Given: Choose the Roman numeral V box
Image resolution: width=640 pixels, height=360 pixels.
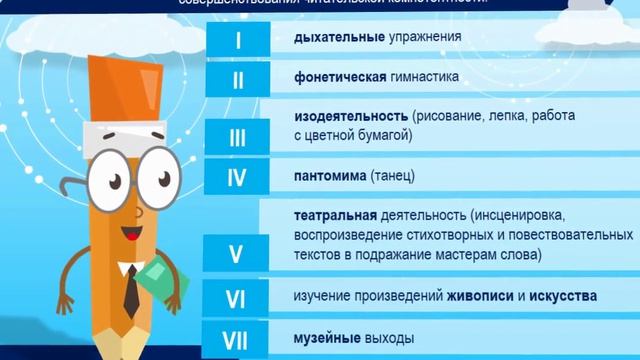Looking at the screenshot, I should (x=235, y=254).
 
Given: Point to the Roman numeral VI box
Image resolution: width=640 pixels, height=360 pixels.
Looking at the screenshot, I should (x=237, y=298).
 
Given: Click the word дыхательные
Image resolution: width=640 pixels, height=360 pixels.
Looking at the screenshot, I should (x=334, y=38).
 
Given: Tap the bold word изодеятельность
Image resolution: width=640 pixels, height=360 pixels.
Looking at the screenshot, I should (x=350, y=116).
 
